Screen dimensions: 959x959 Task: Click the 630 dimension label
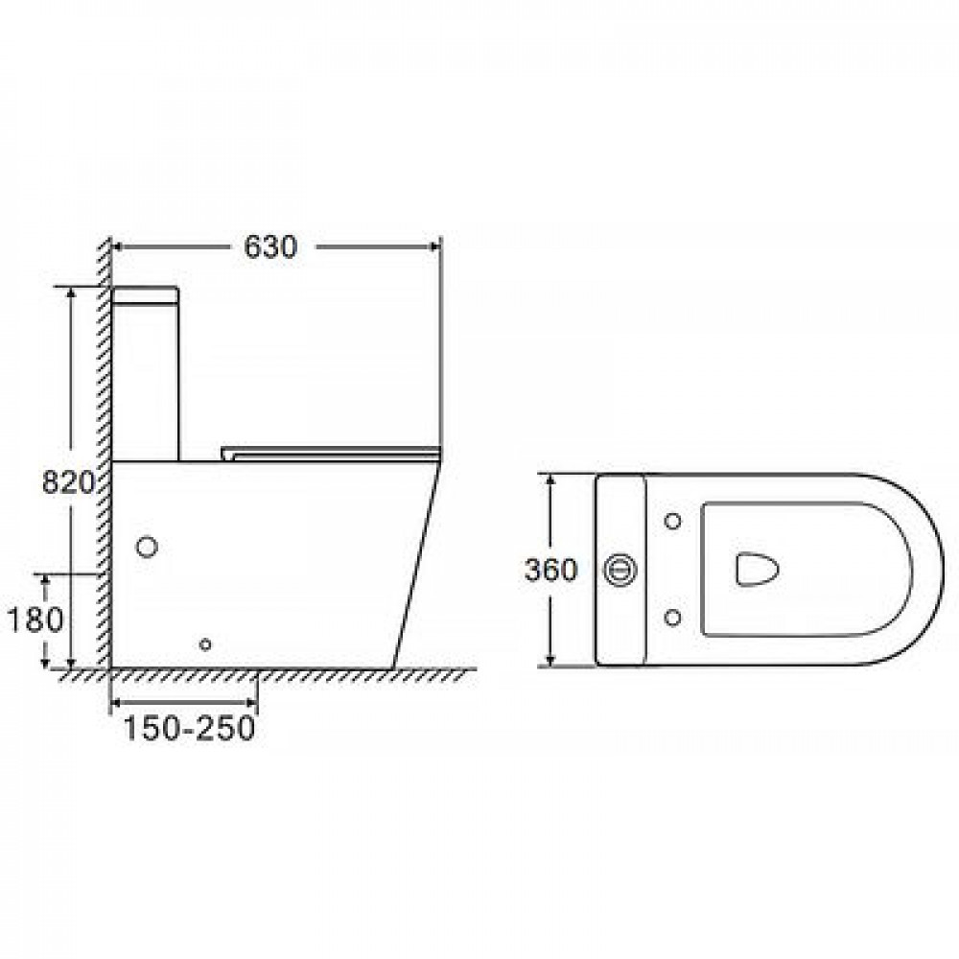click(270, 246)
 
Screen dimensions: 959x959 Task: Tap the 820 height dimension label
click(68, 482)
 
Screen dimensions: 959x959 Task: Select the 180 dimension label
click(35, 620)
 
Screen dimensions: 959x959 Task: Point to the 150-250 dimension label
click(189, 728)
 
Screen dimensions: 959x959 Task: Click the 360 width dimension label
click(551, 570)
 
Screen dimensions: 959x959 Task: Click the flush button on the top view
click(620, 570)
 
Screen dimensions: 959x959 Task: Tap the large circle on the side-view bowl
click(147, 547)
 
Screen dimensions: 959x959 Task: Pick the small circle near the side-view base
click(205, 644)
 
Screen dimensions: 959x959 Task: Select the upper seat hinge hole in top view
click(673, 522)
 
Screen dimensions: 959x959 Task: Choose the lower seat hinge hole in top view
click(673, 618)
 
